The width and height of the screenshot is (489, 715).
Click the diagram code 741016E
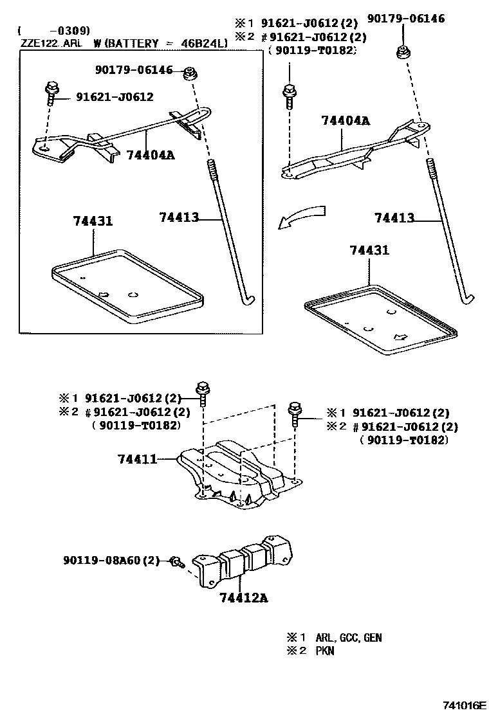(462, 705)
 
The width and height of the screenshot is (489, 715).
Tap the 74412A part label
(243, 598)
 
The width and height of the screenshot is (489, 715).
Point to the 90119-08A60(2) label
(111, 561)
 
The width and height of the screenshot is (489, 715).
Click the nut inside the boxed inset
(190, 73)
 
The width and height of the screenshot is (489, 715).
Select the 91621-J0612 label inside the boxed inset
(115, 97)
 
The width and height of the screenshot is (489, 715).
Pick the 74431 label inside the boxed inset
(93, 221)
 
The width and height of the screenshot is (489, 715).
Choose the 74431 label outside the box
(369, 250)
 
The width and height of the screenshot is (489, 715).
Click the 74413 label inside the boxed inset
(179, 217)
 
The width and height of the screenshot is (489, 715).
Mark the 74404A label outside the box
(346, 120)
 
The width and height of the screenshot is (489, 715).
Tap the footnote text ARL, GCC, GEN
(348, 638)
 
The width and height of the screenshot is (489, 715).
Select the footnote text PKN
(325, 651)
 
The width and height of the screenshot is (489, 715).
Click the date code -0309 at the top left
(70, 30)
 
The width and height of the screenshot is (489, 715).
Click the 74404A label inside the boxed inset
(151, 155)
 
